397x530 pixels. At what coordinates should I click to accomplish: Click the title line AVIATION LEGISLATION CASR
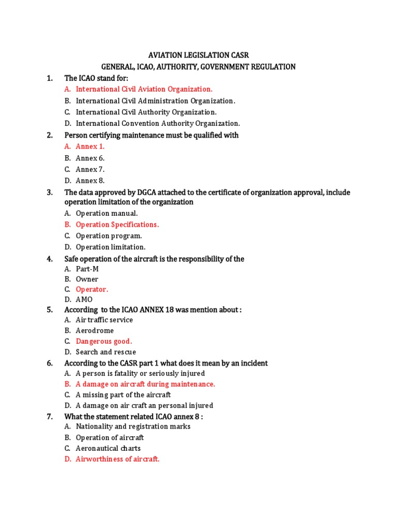(198, 55)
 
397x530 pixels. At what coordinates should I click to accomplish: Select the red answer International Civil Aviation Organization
(144, 89)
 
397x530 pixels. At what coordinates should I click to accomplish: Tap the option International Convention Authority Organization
(158, 123)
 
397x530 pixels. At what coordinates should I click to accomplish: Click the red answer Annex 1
(90, 146)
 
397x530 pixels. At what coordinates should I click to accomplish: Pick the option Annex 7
(90, 169)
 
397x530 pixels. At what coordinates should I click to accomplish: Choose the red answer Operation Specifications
(117, 225)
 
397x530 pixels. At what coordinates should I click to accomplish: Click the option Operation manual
(106, 213)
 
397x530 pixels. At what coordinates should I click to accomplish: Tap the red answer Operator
(92, 289)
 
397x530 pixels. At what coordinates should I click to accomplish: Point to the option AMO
(84, 300)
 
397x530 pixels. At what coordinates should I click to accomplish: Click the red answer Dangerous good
(104, 341)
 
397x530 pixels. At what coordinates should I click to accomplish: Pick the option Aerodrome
(95, 330)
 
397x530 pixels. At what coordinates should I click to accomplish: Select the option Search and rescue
(106, 352)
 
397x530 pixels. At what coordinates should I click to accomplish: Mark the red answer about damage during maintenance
(145, 384)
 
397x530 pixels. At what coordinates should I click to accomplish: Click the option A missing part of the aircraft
(123, 395)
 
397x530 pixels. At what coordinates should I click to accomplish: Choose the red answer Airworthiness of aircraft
(117, 459)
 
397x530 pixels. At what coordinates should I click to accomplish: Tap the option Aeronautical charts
(108, 448)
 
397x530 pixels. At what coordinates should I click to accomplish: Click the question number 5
(50, 310)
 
